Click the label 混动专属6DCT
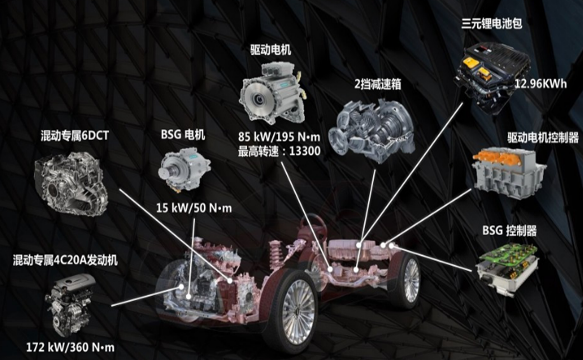(74, 136)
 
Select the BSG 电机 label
(183, 135)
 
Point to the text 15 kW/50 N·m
(194, 208)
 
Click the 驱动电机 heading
(271, 50)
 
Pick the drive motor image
(273, 93)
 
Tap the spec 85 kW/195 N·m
(279, 137)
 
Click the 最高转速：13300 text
(279, 151)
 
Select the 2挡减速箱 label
(378, 84)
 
